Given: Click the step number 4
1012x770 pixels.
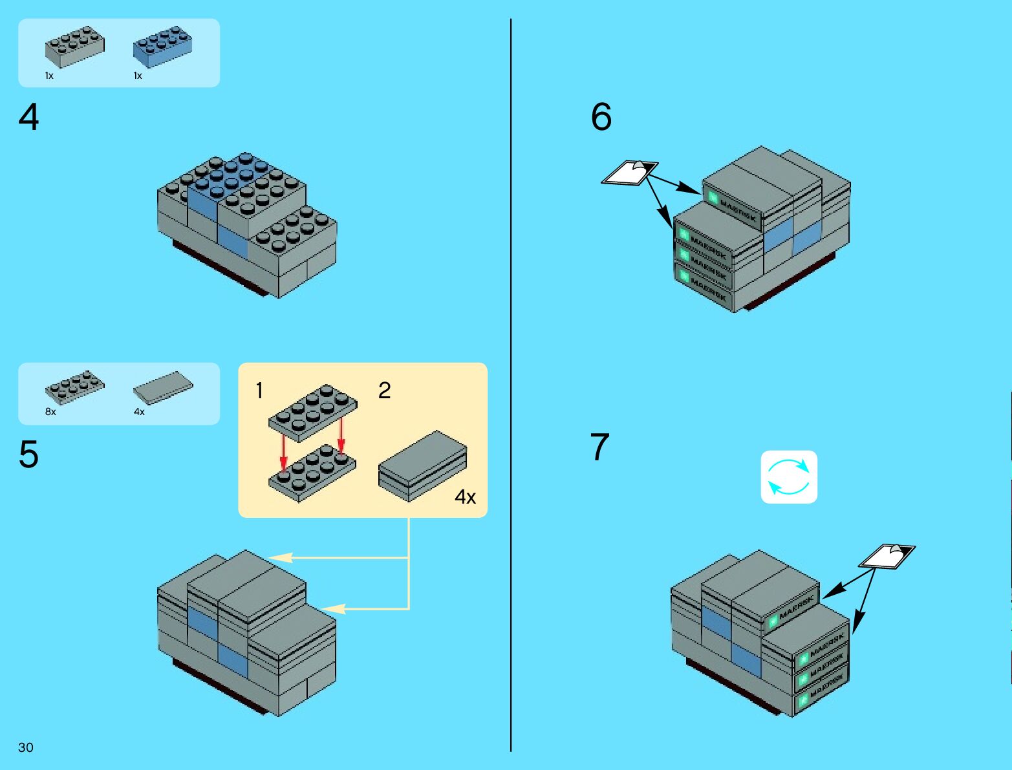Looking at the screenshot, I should [28, 118].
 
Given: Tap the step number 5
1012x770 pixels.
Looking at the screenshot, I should [28, 455].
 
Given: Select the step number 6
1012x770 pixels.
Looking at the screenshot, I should [601, 117].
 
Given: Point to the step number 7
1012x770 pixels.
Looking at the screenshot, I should [599, 447].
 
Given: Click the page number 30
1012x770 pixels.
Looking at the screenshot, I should [26, 747].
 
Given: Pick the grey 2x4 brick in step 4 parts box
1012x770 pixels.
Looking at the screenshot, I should [74, 47].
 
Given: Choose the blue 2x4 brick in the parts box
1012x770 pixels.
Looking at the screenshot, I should [162, 47].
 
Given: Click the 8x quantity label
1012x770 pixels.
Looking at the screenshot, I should [50, 412].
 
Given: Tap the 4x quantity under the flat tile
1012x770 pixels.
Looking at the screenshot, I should [139, 412].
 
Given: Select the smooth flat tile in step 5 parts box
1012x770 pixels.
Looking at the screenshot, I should [163, 388].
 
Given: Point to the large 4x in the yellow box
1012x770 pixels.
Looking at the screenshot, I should [465, 497].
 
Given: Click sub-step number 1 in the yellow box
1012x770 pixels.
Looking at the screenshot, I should [259, 390].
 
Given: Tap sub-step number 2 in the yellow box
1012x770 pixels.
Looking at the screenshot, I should [384, 390].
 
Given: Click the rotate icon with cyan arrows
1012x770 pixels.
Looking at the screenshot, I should [789, 477].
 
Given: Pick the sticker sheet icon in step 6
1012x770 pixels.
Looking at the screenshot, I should [630, 173].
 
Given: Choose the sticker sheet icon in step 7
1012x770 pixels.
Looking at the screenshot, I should [887, 556].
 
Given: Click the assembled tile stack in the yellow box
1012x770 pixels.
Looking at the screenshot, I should [423, 465].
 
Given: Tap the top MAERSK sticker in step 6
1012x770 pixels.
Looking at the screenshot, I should [735, 208].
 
